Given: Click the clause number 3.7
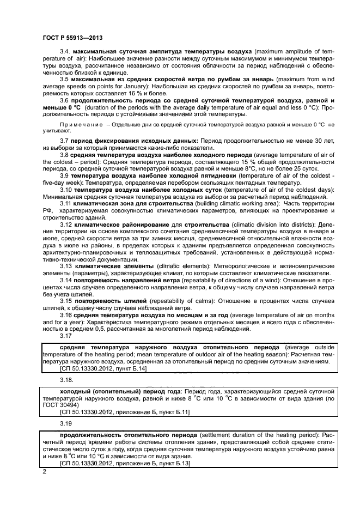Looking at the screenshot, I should tap(65, 141).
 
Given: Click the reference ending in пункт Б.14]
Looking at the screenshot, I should tap(102, 368).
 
